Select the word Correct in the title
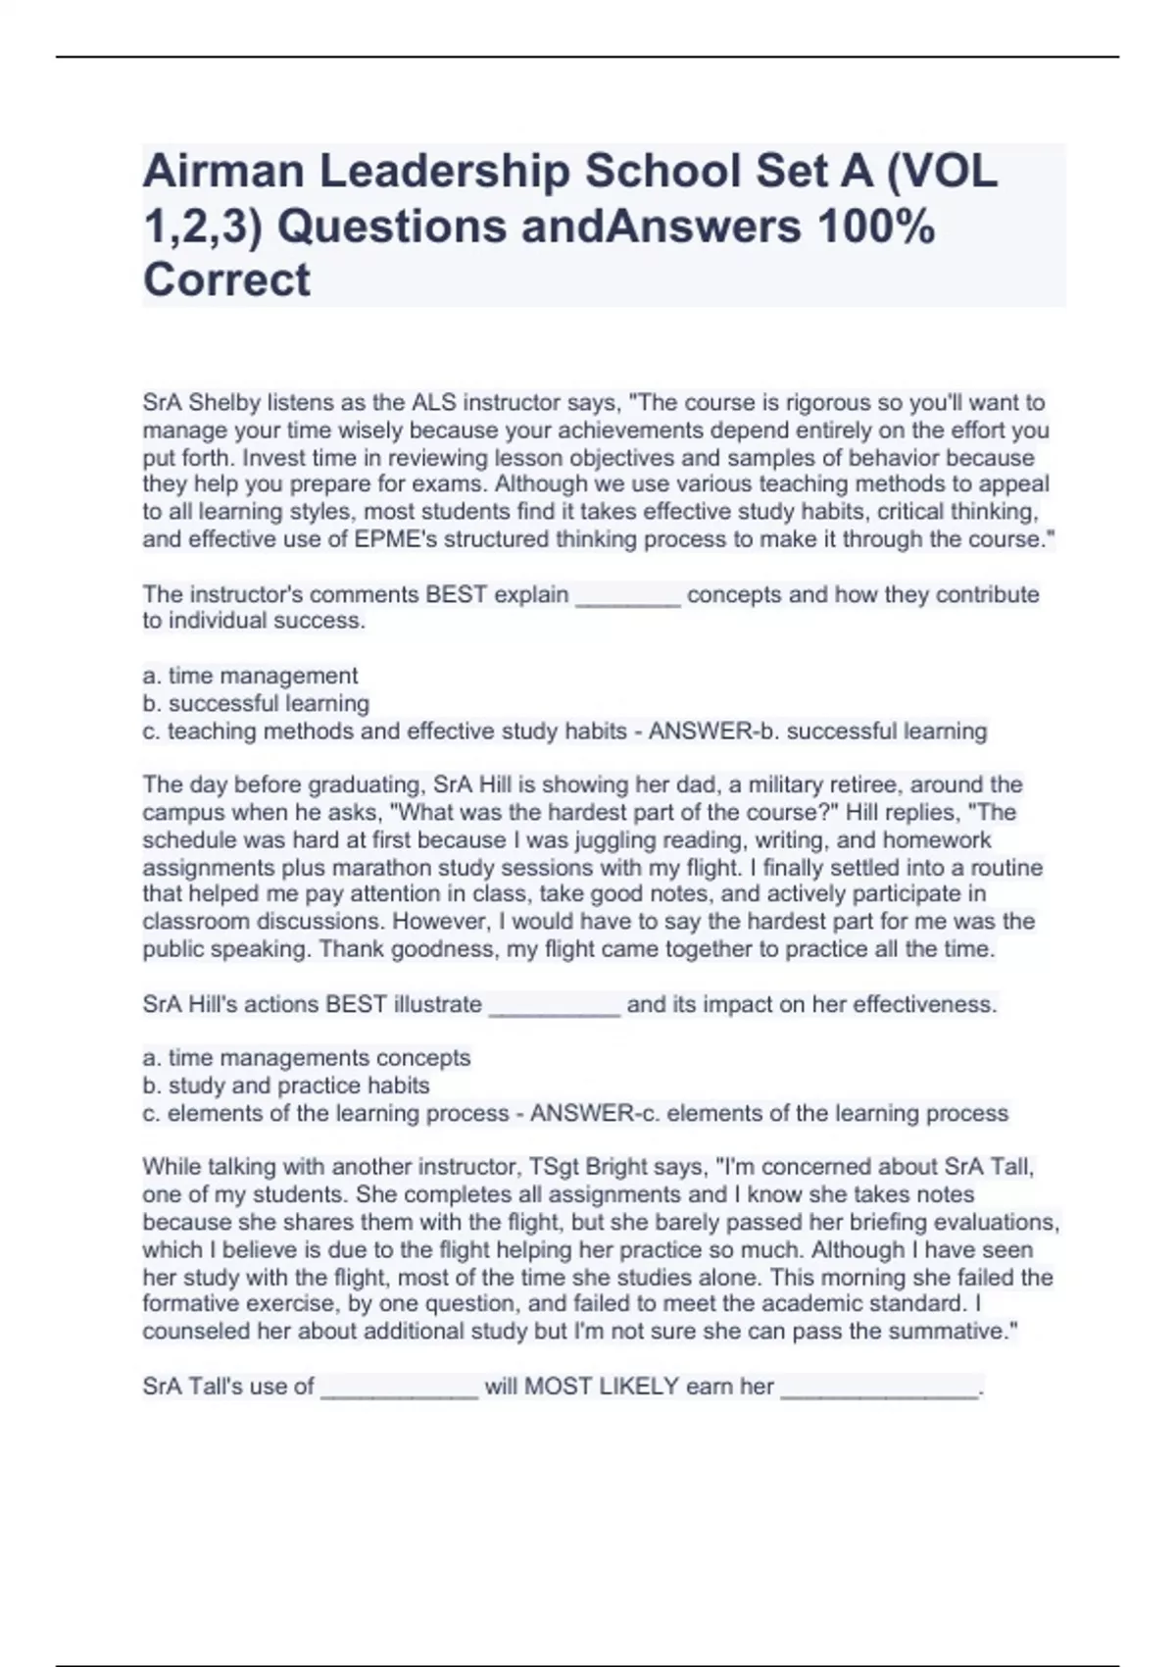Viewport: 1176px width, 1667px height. click(x=226, y=280)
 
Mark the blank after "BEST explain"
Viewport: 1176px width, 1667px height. click(x=627, y=595)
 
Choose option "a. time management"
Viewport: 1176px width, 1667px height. click(x=250, y=676)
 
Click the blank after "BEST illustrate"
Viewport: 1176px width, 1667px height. click(x=554, y=1005)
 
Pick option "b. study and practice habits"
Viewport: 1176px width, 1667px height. click(x=286, y=1086)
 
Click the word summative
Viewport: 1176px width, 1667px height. click(x=956, y=1332)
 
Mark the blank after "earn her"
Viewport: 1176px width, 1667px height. click(x=879, y=1388)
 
